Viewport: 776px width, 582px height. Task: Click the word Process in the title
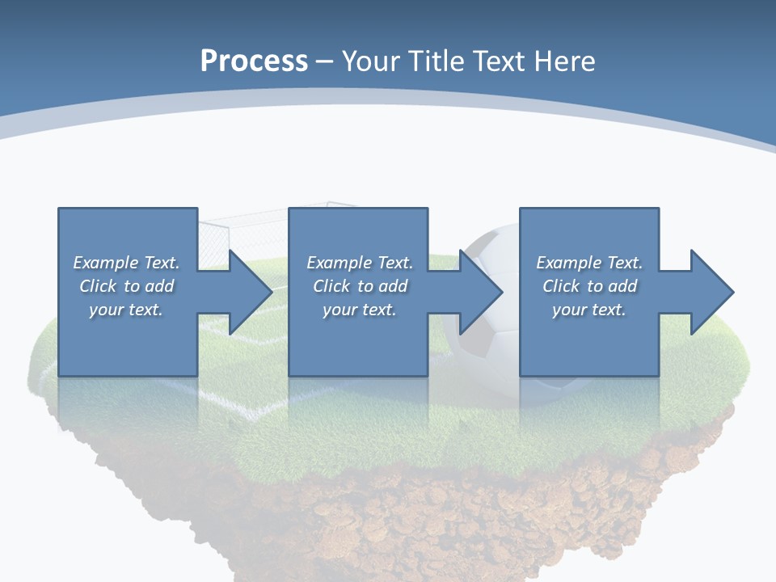(254, 61)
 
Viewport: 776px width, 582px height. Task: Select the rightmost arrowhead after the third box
(711, 292)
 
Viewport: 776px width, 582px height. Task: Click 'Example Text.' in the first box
(126, 263)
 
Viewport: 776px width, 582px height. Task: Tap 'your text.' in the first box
(126, 310)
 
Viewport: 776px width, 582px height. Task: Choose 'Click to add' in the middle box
(360, 286)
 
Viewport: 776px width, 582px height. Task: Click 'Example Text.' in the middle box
(360, 263)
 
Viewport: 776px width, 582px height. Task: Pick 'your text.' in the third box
(589, 310)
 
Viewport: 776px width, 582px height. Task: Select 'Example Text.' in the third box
(589, 263)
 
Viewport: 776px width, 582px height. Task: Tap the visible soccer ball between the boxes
(485, 242)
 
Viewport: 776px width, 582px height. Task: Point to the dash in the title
(324, 61)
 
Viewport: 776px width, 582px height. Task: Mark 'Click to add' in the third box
(589, 286)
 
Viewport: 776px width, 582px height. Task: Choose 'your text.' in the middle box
(360, 310)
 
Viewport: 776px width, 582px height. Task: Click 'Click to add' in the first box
(126, 286)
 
